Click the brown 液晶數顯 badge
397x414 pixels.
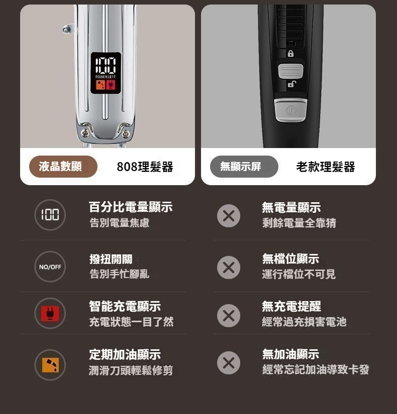(x=63, y=167)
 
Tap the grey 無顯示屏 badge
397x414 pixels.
(x=244, y=167)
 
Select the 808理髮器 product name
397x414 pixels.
(x=145, y=167)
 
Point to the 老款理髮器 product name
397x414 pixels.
(x=326, y=167)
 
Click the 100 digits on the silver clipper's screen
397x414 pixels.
(x=106, y=65)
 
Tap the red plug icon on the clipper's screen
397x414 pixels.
(x=111, y=85)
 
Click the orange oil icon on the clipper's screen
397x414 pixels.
(x=101, y=85)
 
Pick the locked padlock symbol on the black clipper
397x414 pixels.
(x=290, y=54)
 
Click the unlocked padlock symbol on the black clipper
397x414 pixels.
(x=292, y=84)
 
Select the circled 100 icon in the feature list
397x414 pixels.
(x=50, y=215)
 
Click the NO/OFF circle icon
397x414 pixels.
(x=50, y=266)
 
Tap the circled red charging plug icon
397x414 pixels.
(x=50, y=313)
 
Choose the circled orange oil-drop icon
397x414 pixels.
(x=50, y=365)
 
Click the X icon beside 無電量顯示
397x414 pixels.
(x=229, y=216)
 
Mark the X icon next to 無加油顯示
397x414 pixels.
(x=229, y=363)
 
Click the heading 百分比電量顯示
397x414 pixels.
(x=131, y=207)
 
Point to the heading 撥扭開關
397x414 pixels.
(x=111, y=259)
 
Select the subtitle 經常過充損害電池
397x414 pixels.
(x=304, y=322)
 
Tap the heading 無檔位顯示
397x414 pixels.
(x=290, y=259)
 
